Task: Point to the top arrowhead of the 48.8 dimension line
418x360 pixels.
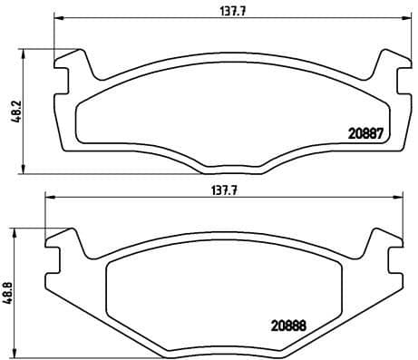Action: (x=14, y=230)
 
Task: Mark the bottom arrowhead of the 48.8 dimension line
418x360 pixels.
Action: (x=14, y=355)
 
